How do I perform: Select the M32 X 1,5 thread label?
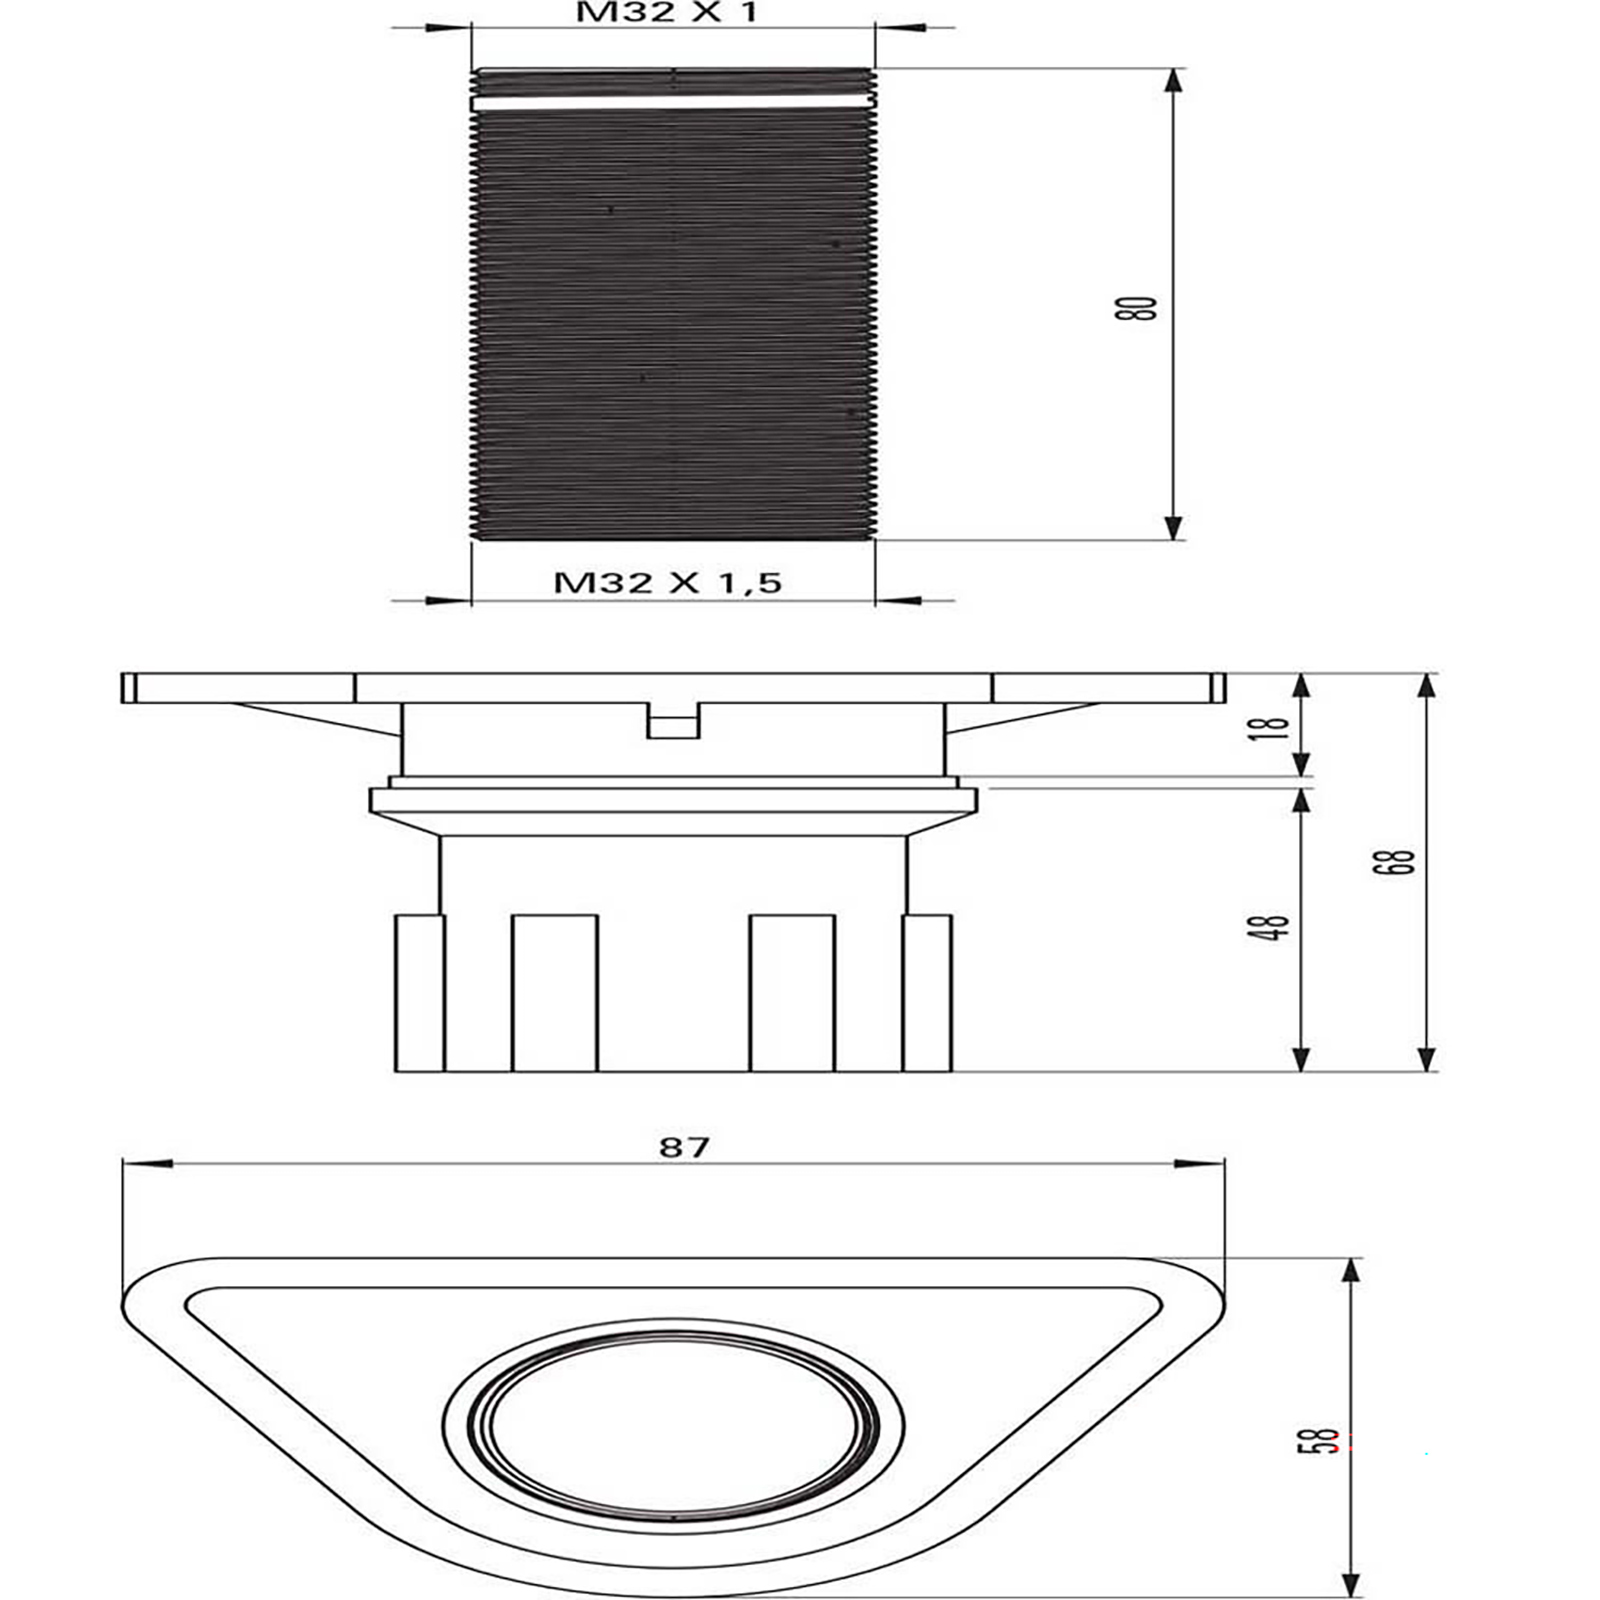668,583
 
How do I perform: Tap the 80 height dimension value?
1135,308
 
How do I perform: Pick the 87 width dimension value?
684,1146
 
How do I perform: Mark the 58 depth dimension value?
1325,1440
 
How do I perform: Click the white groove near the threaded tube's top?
671,102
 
